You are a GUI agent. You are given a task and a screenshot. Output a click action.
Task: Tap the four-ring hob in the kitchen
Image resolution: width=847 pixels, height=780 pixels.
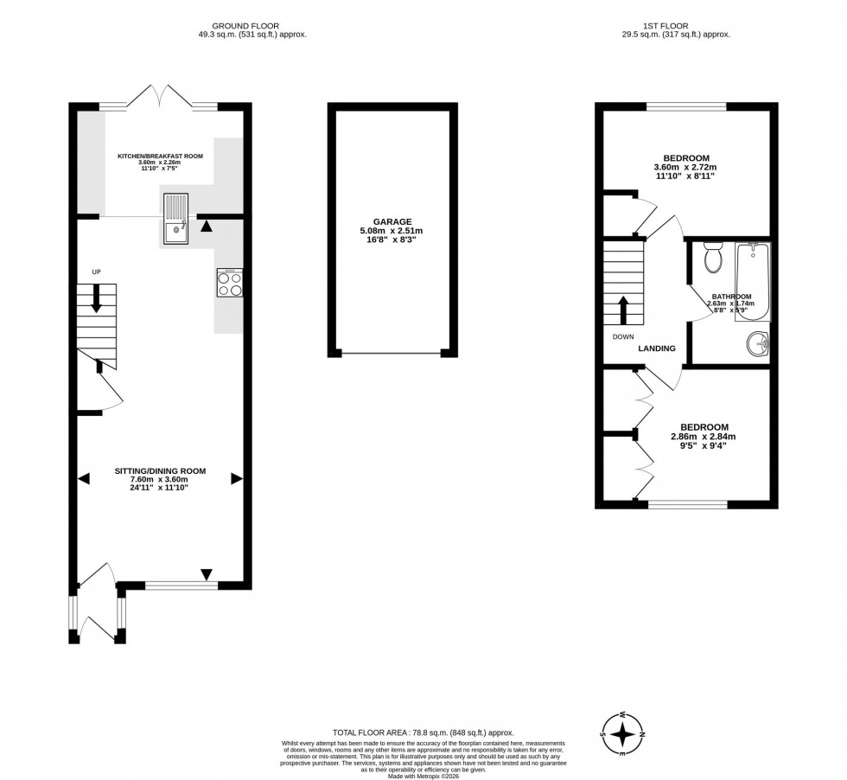(230, 283)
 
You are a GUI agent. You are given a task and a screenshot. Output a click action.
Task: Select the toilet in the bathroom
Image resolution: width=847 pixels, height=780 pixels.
(713, 257)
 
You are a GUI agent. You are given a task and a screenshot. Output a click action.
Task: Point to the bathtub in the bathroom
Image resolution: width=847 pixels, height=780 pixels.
(752, 281)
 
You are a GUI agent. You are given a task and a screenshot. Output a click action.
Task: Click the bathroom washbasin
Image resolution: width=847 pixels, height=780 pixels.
(760, 343)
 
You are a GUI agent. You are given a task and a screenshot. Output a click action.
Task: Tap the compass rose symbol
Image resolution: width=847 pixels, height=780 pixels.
(622, 735)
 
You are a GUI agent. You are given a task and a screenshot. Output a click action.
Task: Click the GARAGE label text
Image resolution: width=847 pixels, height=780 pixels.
(392, 221)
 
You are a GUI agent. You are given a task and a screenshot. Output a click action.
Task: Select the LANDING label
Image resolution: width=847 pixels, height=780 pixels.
(657, 348)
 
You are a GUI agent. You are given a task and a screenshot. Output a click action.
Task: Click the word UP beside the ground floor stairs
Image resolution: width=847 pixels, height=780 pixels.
(97, 272)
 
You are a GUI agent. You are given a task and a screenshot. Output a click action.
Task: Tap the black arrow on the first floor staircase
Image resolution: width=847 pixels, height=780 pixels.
(623, 309)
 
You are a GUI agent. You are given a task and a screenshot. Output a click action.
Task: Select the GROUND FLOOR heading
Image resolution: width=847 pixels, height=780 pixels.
(251, 26)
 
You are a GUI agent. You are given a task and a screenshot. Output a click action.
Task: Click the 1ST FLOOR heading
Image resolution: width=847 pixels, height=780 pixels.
(666, 26)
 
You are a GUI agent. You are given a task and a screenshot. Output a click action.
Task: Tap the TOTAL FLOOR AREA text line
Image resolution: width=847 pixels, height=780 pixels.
(423, 732)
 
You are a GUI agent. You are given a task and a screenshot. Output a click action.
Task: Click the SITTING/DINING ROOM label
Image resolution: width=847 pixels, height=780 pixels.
(161, 470)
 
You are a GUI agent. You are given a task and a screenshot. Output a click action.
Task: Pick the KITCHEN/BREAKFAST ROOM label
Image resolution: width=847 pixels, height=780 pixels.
(161, 157)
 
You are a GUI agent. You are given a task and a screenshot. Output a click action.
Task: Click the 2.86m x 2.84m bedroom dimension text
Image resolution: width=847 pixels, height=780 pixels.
(704, 437)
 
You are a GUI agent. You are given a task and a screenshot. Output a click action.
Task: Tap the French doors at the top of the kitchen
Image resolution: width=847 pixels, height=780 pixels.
(158, 97)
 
